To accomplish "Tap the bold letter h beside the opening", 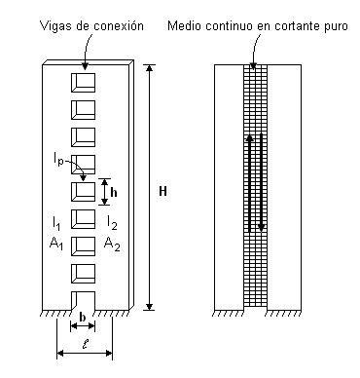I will pos(114,192).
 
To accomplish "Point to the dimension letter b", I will pos(85,318).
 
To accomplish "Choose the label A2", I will pos(113,243).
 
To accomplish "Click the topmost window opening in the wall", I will pos(85,78).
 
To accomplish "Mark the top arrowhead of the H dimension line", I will pos(149,68).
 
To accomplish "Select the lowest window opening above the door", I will pos(85,270).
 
